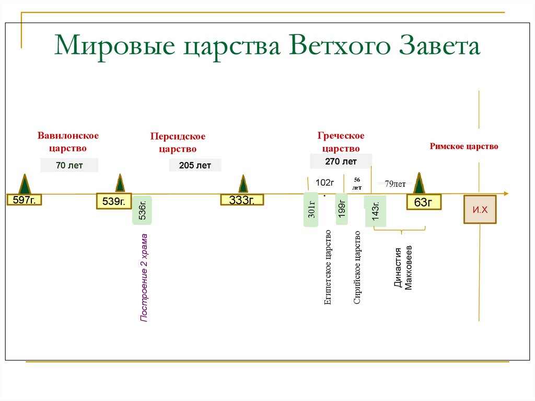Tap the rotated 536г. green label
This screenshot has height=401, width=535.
tap(142, 210)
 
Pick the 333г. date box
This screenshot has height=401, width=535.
tap(241, 200)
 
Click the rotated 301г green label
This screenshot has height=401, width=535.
tap(311, 210)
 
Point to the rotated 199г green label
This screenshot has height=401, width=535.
tap(341, 209)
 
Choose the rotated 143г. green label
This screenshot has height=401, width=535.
tap(376, 211)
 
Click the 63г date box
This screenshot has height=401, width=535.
tap(423, 202)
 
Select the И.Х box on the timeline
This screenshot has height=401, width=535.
tap(480, 209)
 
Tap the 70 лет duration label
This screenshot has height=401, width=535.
tap(69, 166)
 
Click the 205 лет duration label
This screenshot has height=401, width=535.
tap(195, 166)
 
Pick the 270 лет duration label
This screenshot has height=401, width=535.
tap(341, 162)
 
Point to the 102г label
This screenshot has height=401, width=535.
tap(324, 182)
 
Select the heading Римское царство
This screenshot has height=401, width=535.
tap(464, 146)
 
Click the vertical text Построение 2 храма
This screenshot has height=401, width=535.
tap(144, 277)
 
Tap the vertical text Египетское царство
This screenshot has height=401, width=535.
tap(328, 267)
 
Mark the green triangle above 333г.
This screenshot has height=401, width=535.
tap(243, 184)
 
